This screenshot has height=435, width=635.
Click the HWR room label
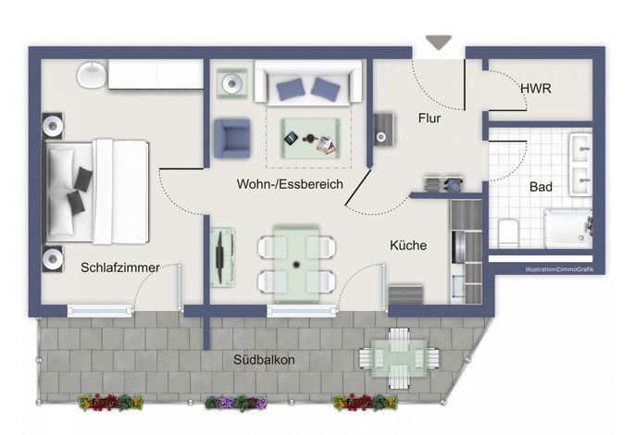pos(535,88)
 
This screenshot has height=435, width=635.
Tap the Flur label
pos(430,118)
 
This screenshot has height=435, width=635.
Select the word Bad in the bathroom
pos(541,187)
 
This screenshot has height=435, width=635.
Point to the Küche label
pos(408,245)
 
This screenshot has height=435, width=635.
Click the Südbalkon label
pos(264,360)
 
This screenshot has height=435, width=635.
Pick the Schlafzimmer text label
pos(120,267)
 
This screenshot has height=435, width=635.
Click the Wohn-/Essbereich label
pos(290,184)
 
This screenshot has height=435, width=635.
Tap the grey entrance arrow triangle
pos(439,43)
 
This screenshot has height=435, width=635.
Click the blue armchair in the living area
pos(232,138)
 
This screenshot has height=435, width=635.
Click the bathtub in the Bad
pos(567,228)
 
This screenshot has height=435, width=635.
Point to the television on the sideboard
pos(219,256)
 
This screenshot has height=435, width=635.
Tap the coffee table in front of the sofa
pos(310,138)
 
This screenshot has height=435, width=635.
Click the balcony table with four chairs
pos(399,358)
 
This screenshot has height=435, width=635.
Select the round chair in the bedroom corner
pos(92,75)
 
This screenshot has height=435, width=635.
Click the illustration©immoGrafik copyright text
pos(560,269)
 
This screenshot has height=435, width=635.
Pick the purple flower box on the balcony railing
pos(236,403)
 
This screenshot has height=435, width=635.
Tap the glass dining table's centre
pos(296,264)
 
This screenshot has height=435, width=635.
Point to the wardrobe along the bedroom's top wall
pos(156,74)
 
